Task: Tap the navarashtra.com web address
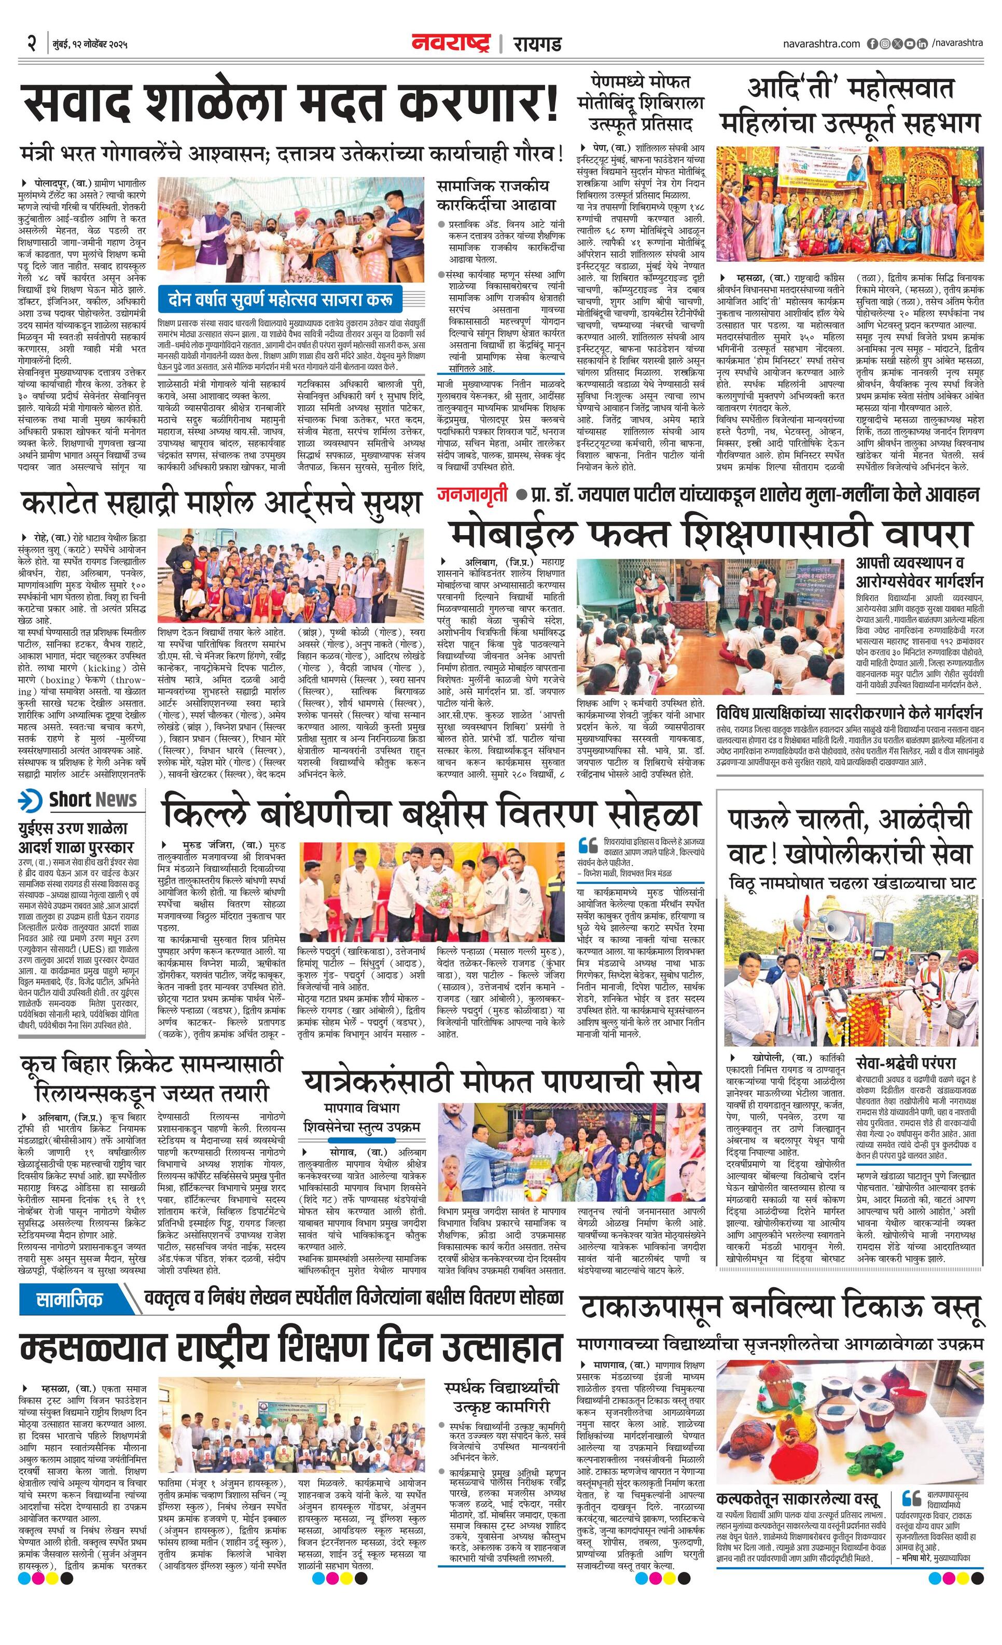(x=821, y=44)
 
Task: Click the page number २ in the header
(x=31, y=45)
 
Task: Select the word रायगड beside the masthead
(x=537, y=45)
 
